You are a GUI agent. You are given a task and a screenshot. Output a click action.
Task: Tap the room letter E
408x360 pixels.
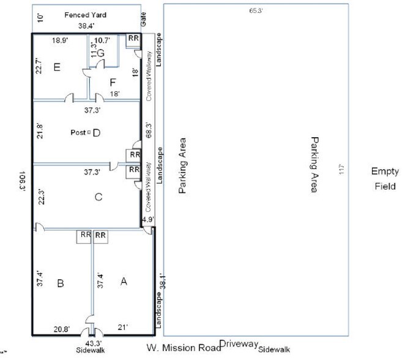pos(56,67)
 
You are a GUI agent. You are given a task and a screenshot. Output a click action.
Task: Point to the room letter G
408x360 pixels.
pos(101,53)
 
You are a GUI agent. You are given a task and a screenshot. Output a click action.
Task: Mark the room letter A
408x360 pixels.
pos(124,281)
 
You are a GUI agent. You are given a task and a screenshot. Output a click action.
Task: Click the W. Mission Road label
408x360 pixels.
pos(183,348)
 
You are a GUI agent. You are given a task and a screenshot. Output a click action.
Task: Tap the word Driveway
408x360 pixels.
pos(240,345)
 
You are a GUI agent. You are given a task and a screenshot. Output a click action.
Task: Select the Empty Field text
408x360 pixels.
pos(385,179)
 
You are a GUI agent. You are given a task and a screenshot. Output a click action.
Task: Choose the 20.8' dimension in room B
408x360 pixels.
pos(61,329)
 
